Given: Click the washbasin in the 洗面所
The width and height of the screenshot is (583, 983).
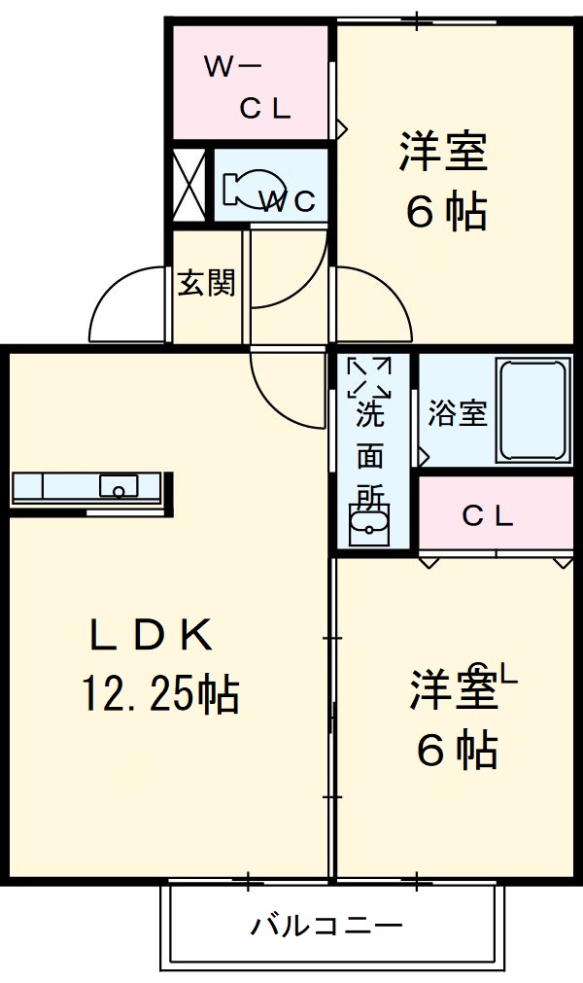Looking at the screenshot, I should point(368,524).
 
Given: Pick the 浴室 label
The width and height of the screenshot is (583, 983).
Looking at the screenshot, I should point(457,413).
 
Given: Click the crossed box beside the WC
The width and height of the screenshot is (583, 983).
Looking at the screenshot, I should point(188,186).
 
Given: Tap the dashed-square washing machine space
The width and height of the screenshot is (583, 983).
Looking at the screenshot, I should point(369,377).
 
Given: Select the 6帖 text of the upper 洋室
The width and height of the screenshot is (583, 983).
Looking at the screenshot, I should point(444,211).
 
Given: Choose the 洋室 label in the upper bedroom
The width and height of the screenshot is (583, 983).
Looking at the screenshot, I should point(443,152).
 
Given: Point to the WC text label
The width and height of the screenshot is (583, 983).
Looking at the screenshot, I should point(291,201).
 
